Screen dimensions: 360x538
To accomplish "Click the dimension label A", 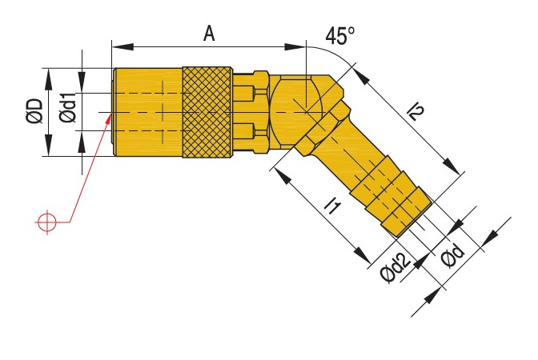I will tap(209, 33).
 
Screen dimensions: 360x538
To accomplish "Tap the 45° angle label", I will tap(340, 36).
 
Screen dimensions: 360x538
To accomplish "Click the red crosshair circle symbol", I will tap(47, 221).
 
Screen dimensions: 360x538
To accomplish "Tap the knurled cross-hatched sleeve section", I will tap(207, 112).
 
